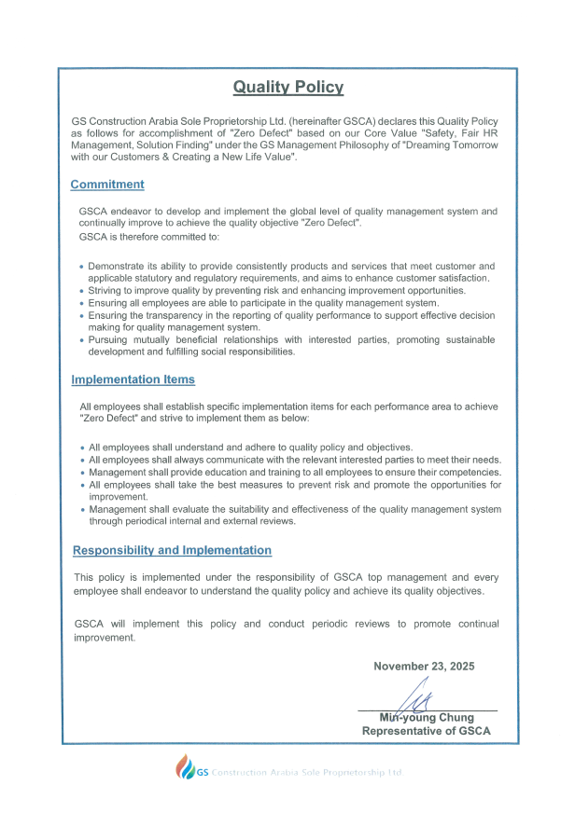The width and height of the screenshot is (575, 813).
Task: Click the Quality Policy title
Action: (287, 88)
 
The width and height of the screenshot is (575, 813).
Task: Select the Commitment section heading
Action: (107, 185)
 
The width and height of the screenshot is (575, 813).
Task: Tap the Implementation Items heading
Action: (133, 379)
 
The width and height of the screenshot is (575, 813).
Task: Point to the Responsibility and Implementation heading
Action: (173, 550)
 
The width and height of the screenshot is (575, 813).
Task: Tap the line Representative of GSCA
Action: (426, 732)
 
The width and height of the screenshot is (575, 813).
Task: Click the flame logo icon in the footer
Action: (186, 767)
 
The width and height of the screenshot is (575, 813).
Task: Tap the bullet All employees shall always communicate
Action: (295, 461)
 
